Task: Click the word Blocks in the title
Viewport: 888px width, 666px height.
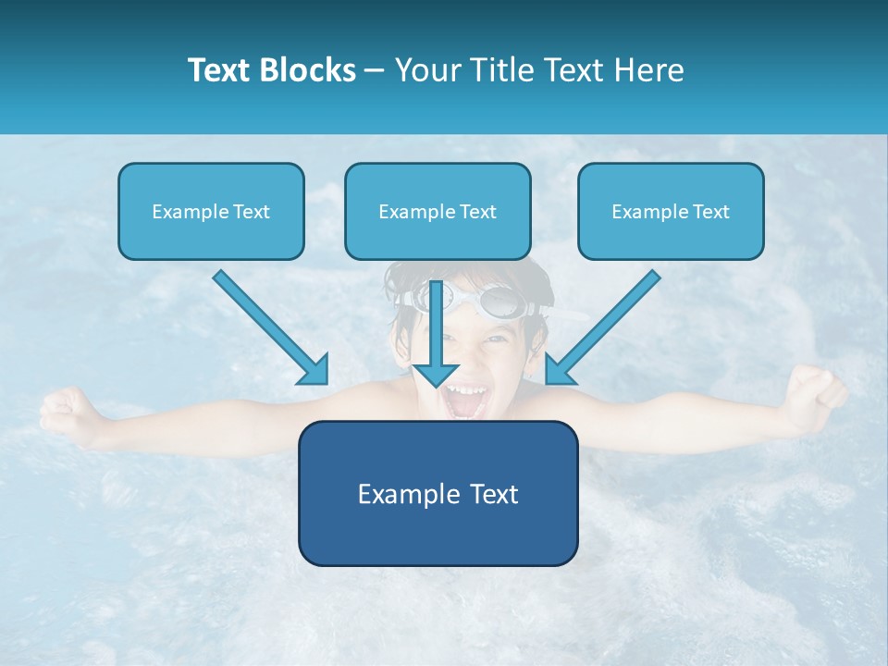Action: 310,70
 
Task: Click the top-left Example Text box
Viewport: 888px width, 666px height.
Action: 211,211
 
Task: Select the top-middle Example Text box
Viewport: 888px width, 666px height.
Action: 438,211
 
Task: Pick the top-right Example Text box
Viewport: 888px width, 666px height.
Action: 671,211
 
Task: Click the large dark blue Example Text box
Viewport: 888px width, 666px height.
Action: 438,493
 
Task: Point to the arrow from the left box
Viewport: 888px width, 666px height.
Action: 270,327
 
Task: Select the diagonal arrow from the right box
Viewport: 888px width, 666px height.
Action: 603,327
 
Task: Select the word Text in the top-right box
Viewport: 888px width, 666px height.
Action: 711,212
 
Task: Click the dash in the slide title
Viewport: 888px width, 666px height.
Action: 375,71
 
